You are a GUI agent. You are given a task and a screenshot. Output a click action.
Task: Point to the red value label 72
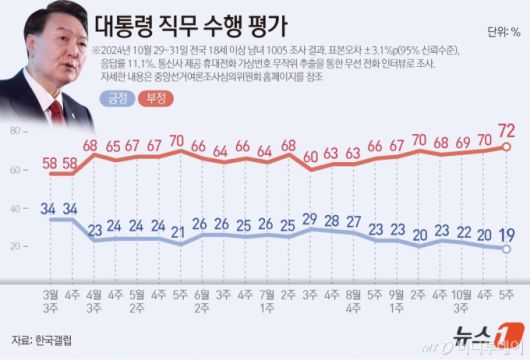[506, 130]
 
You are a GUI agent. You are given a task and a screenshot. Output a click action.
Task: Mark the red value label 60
[310, 155]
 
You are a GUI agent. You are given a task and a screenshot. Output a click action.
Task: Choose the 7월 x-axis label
[265, 268]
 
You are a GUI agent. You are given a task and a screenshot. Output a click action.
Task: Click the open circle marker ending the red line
[507, 147]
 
